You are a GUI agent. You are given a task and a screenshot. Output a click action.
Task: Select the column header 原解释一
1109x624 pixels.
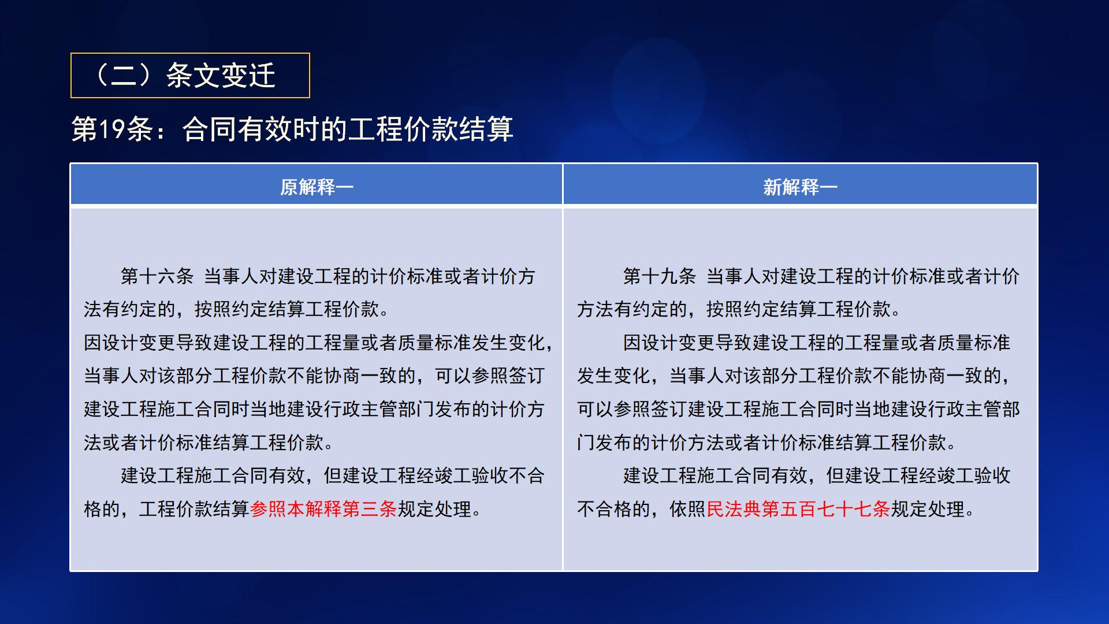[x=316, y=187]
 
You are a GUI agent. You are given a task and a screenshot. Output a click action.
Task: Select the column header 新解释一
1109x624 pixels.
[x=800, y=187]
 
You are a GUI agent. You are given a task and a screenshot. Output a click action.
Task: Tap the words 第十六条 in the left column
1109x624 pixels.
[x=157, y=276]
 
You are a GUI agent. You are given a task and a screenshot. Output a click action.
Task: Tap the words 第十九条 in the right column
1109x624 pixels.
[x=659, y=276]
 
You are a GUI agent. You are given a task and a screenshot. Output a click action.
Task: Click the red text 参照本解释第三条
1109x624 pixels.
[x=323, y=509]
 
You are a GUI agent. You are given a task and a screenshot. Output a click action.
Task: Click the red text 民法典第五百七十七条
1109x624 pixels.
[x=798, y=509]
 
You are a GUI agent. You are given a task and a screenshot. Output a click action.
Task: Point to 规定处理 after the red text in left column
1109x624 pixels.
[x=434, y=509]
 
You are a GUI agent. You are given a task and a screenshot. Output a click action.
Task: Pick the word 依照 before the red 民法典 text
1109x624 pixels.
[x=687, y=509]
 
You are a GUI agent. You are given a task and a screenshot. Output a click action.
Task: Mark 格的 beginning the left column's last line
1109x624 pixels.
[x=102, y=509]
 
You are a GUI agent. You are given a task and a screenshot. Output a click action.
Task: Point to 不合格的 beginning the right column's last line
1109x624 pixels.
[x=613, y=509]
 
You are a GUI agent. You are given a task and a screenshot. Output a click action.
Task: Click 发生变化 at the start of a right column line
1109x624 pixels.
[x=613, y=376]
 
